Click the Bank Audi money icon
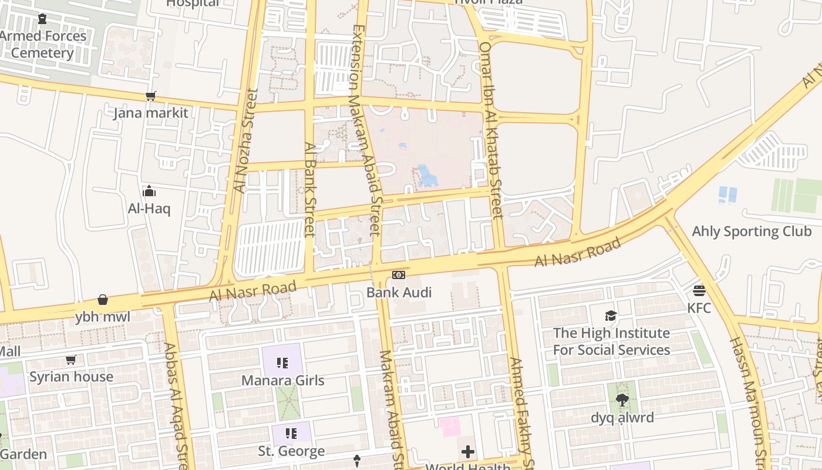click(399, 275)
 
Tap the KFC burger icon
click(699, 290)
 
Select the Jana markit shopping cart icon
click(151, 96)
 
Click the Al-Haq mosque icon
click(149, 191)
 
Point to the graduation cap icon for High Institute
click(611, 315)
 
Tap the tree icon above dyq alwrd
click(622, 400)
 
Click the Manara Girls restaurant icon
click(282, 363)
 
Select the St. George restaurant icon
click(291, 434)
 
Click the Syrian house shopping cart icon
click(71, 360)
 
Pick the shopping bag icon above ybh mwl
click(103, 300)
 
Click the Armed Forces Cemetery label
click(43, 45)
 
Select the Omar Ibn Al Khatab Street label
click(491, 129)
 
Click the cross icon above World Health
click(468, 452)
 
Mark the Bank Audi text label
click(399, 292)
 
